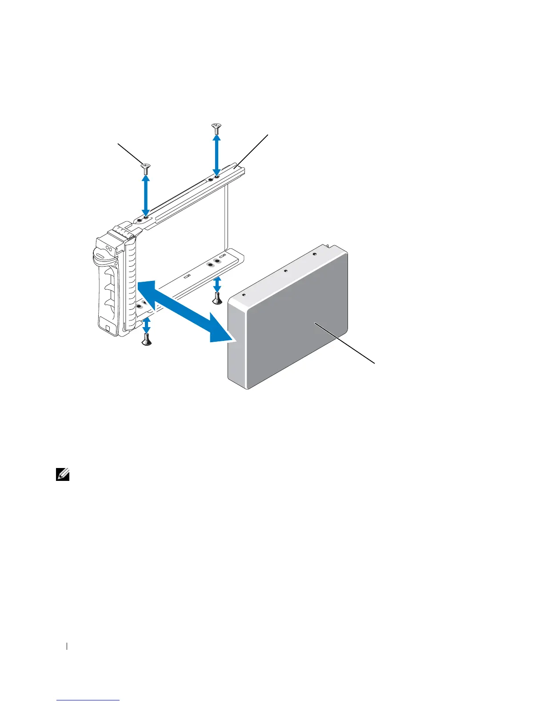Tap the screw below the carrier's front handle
[147, 340]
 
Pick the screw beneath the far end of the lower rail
[217, 299]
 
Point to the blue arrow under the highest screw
[216, 156]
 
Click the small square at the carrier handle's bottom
[108, 328]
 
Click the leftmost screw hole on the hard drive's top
[244, 294]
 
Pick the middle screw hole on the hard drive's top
[285, 270]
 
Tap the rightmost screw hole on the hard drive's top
[314, 254]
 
